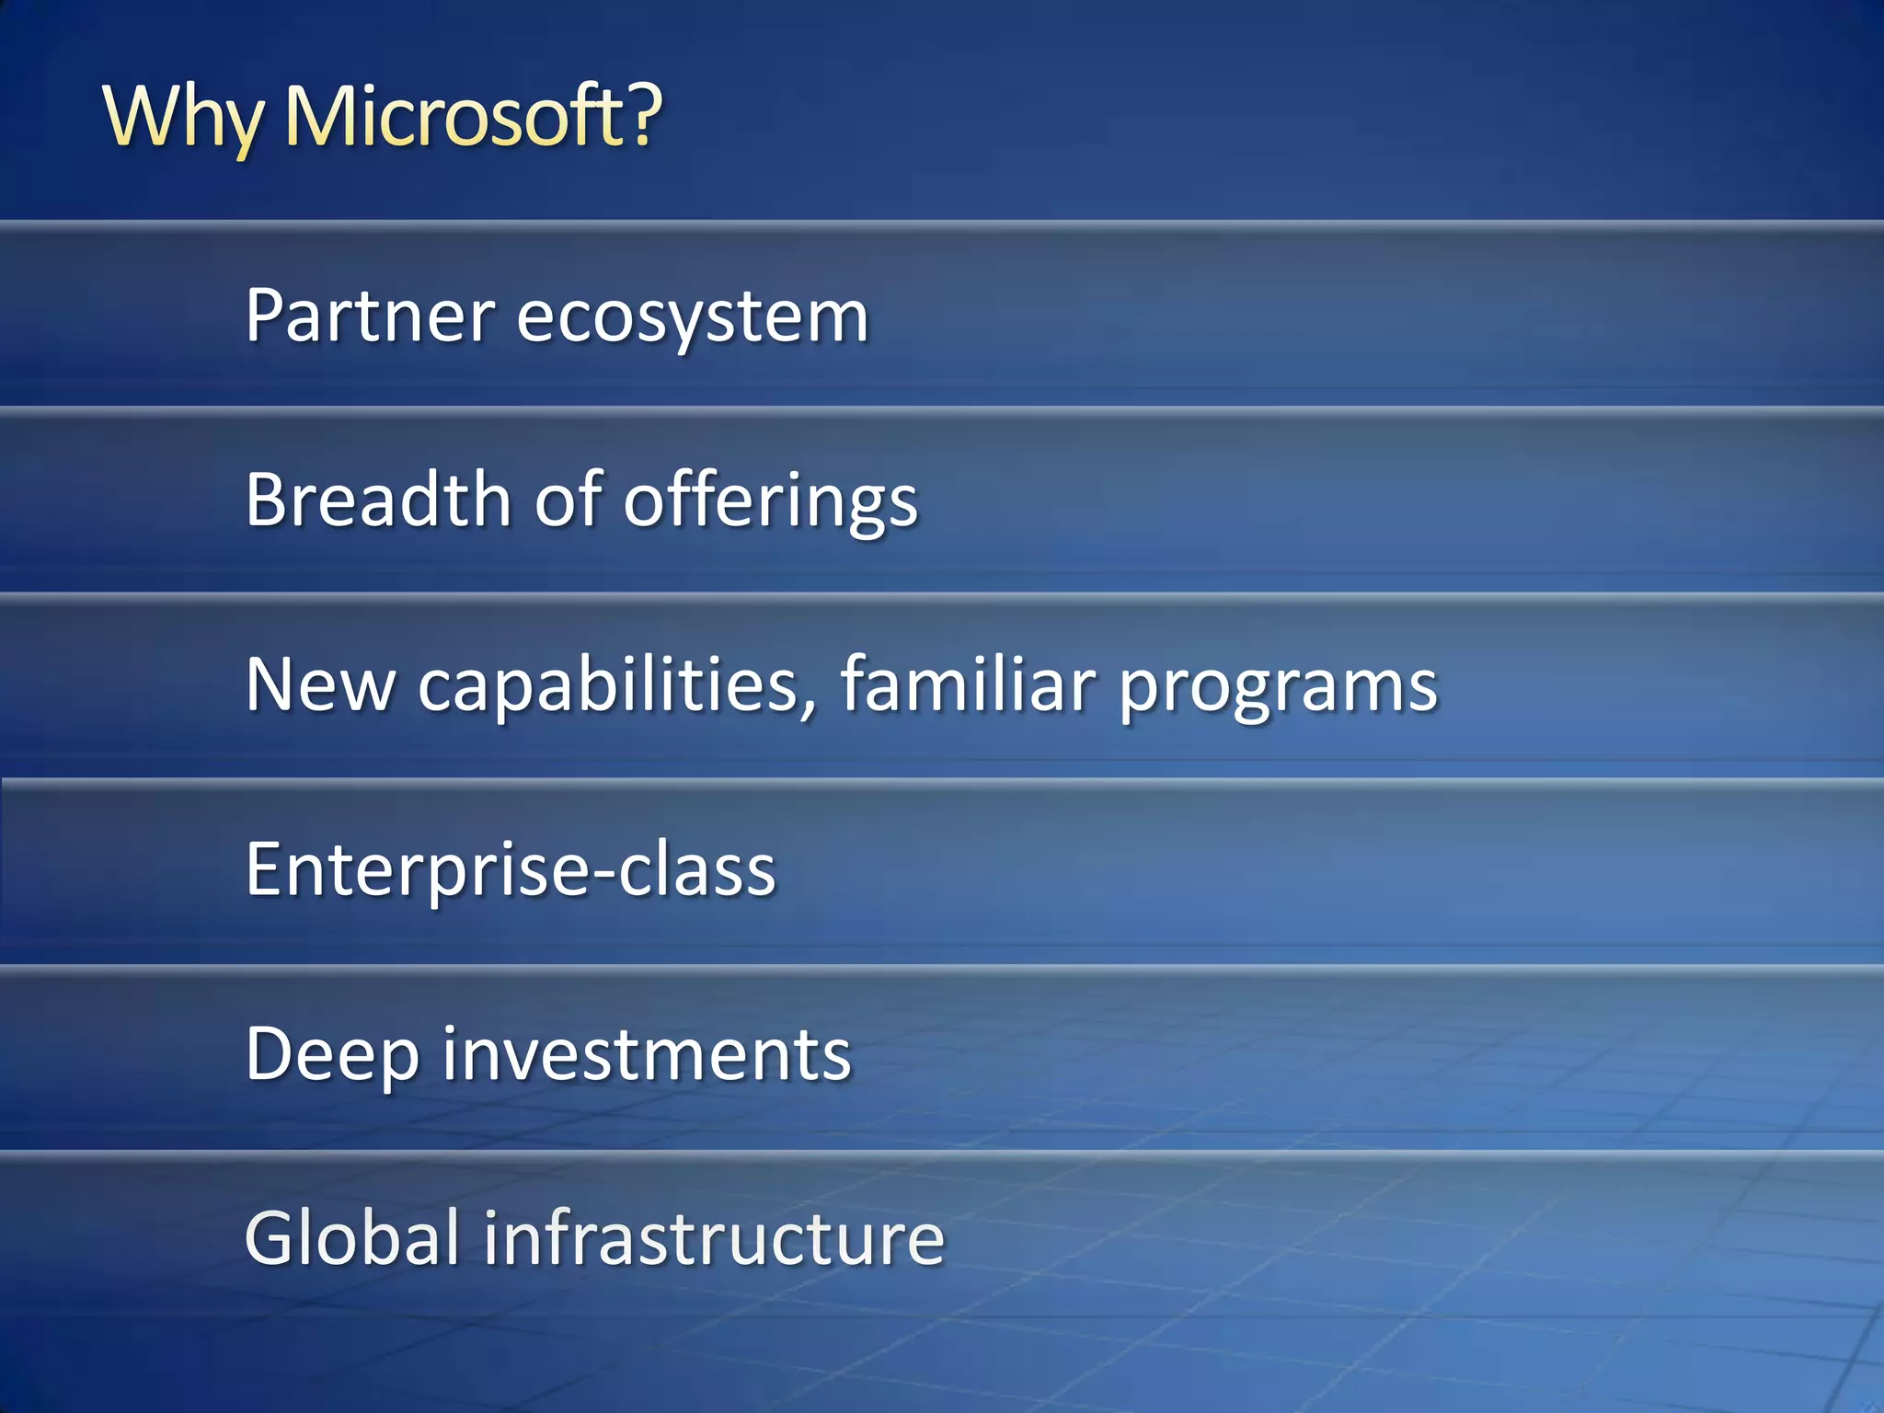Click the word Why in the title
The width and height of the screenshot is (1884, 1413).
point(182,117)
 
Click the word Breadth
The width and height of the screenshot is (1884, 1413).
point(377,499)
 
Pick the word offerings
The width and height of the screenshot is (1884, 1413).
point(771,501)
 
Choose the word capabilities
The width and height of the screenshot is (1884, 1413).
point(610,684)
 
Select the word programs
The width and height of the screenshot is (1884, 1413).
point(1278,688)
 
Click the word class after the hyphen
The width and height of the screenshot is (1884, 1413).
point(697,869)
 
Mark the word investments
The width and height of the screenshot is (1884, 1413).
point(647,1054)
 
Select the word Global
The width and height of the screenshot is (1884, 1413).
point(352,1237)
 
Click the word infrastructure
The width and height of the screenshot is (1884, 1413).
point(714,1237)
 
